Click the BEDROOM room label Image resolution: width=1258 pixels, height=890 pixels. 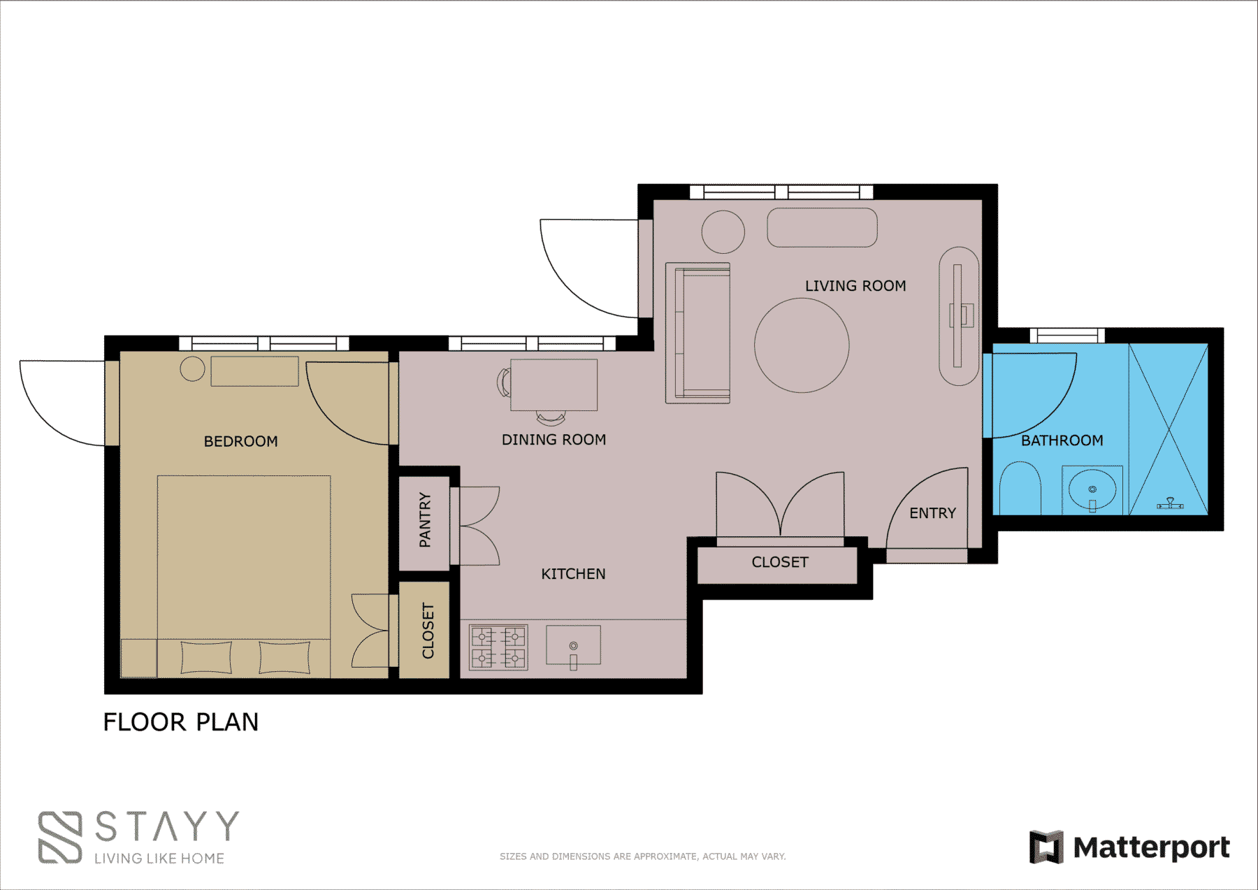[240, 441]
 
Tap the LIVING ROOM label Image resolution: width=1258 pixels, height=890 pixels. [855, 286]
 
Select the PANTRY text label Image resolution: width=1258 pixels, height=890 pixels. [425, 520]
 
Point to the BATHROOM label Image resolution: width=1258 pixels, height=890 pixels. [1062, 440]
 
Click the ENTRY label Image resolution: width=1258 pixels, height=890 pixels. [932, 513]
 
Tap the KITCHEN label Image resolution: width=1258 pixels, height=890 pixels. [573, 574]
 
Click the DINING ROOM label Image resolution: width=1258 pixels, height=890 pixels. [554, 440]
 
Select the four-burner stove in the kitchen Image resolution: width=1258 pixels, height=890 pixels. [498, 647]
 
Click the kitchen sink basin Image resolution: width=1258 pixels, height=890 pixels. [573, 645]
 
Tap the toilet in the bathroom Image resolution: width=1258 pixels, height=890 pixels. [1020, 488]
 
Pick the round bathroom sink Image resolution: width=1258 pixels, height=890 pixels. [1092, 490]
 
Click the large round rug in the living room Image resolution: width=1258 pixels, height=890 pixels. [802, 345]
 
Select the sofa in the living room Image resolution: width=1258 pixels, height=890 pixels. [697, 333]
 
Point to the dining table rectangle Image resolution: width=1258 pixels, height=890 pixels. [554, 385]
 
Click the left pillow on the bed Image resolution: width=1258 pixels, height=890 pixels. [206, 657]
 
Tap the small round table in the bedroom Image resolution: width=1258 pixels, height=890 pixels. [192, 368]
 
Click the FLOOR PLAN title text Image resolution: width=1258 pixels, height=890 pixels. [181, 722]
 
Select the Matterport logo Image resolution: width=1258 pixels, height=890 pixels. [1129, 847]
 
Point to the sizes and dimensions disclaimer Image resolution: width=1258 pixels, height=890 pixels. [643, 856]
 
